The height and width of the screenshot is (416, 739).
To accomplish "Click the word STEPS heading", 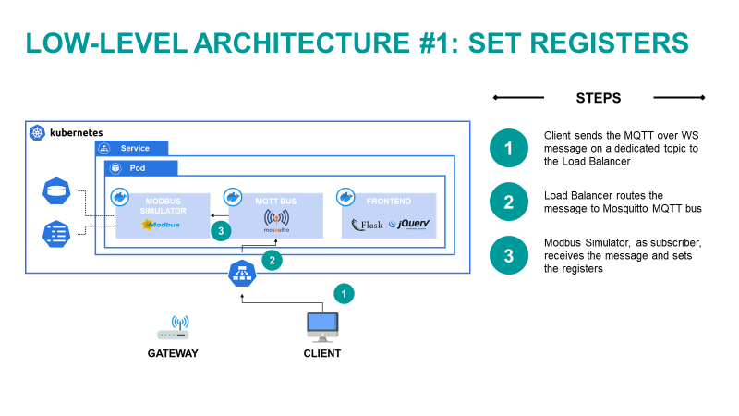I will [x=599, y=98].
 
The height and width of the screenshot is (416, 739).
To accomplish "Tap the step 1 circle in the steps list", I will [x=508, y=148].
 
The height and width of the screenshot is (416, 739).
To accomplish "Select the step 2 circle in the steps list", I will [x=508, y=202].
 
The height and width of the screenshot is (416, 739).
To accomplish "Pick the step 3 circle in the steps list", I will [x=508, y=256].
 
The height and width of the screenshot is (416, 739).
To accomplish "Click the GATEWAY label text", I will [x=173, y=353].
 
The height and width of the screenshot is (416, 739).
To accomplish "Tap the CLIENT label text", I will [x=322, y=353].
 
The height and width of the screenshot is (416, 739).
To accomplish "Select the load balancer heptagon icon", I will [x=243, y=274].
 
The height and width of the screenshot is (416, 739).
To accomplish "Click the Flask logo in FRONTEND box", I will [x=367, y=224].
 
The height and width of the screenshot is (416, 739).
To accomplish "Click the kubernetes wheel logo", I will [x=37, y=133].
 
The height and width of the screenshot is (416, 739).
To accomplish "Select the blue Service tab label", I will [x=133, y=148].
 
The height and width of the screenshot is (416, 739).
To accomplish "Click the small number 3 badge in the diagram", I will [x=220, y=230].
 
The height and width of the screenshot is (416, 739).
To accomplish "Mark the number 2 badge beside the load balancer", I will [x=272, y=261].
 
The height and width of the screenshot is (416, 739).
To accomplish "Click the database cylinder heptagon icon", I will [x=55, y=192].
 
